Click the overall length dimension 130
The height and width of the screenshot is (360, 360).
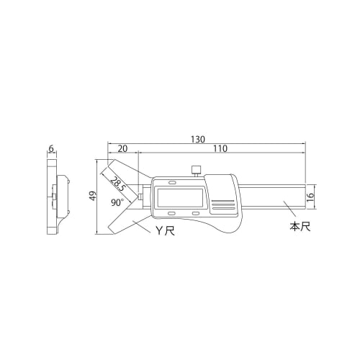(x=198, y=138)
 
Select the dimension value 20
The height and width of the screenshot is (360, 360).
(x=122, y=149)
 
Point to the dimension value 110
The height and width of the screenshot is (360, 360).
(x=220, y=149)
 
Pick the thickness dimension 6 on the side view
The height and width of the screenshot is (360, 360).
(x=51, y=149)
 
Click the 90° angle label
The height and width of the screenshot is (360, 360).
(x=117, y=203)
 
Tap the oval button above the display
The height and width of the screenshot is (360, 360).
(x=172, y=180)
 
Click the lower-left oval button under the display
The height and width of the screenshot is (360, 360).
(x=172, y=213)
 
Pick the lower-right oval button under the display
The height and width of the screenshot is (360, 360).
(x=195, y=213)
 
